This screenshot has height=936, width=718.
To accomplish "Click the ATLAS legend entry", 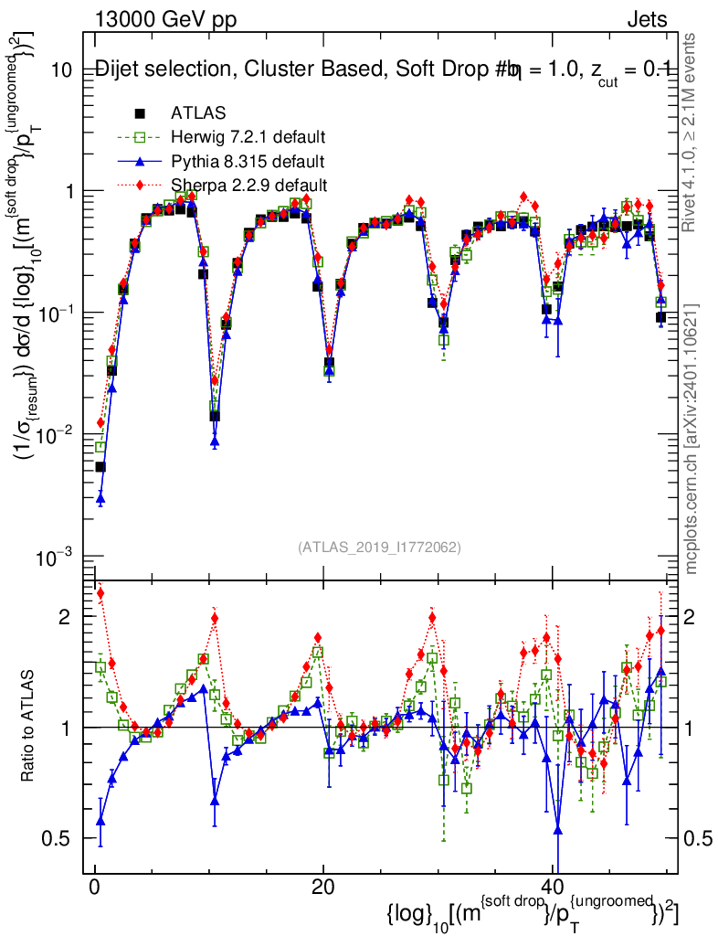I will coord(193,113).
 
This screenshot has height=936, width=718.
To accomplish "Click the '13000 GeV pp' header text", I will coord(164,20).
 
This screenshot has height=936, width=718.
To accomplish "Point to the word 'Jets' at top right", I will coord(646,20).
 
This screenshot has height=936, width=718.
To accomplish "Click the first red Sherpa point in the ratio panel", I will coord(100,593).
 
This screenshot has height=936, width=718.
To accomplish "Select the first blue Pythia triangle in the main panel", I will coord(100,498).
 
